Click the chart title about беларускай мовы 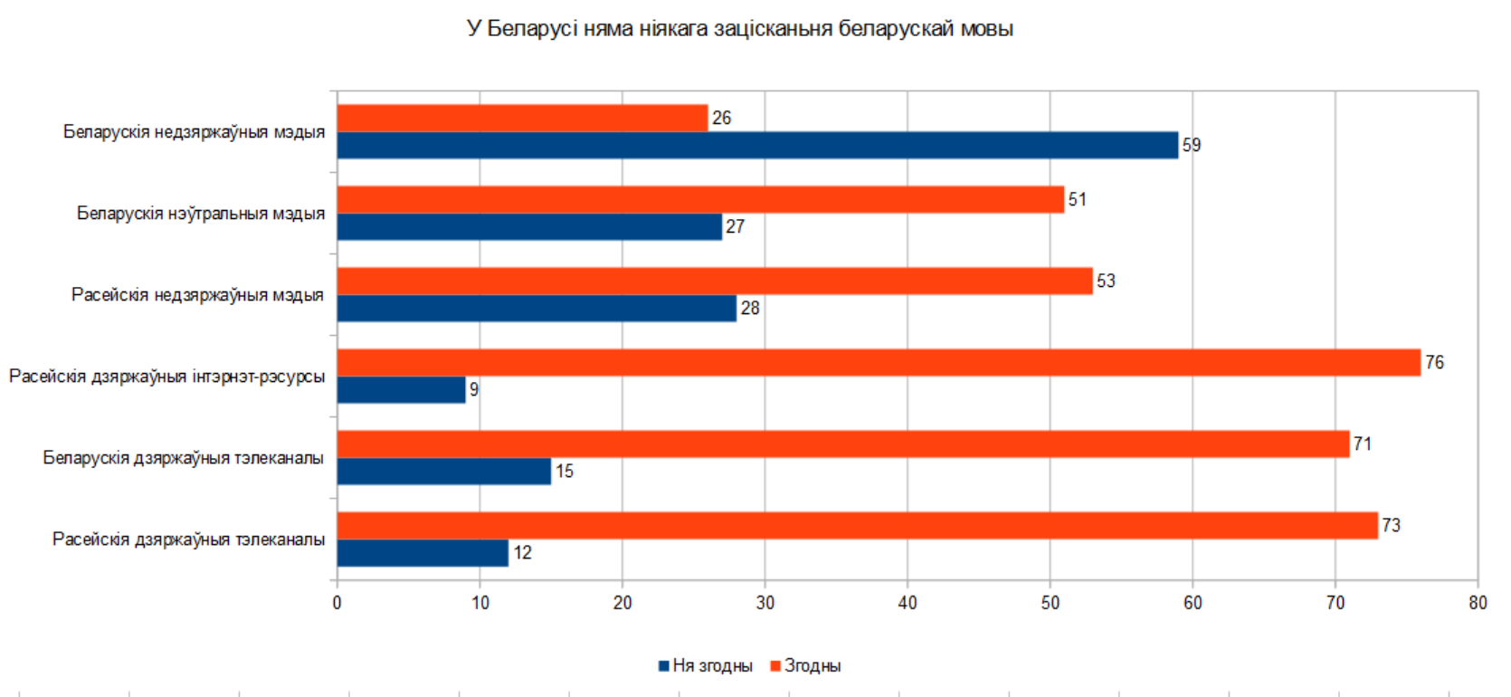pos(739,29)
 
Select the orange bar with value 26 pos(522,119)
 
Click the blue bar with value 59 pos(757,146)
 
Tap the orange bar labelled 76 pos(879,363)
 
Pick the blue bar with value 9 pos(401,390)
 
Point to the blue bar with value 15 pos(444,472)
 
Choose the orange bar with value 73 pos(857,526)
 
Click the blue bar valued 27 pos(529,227)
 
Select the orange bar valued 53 pos(715,282)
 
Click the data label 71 pos(1363,444)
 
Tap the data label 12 pos(523,553)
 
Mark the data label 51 pos(1077,200)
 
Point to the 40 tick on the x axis pos(908,603)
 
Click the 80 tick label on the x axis pos(1478,603)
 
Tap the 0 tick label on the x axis pos(337,603)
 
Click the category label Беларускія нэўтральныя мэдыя pos(201,214)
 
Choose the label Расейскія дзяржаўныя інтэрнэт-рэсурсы pos(167,377)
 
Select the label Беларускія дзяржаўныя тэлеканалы pos(184,458)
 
